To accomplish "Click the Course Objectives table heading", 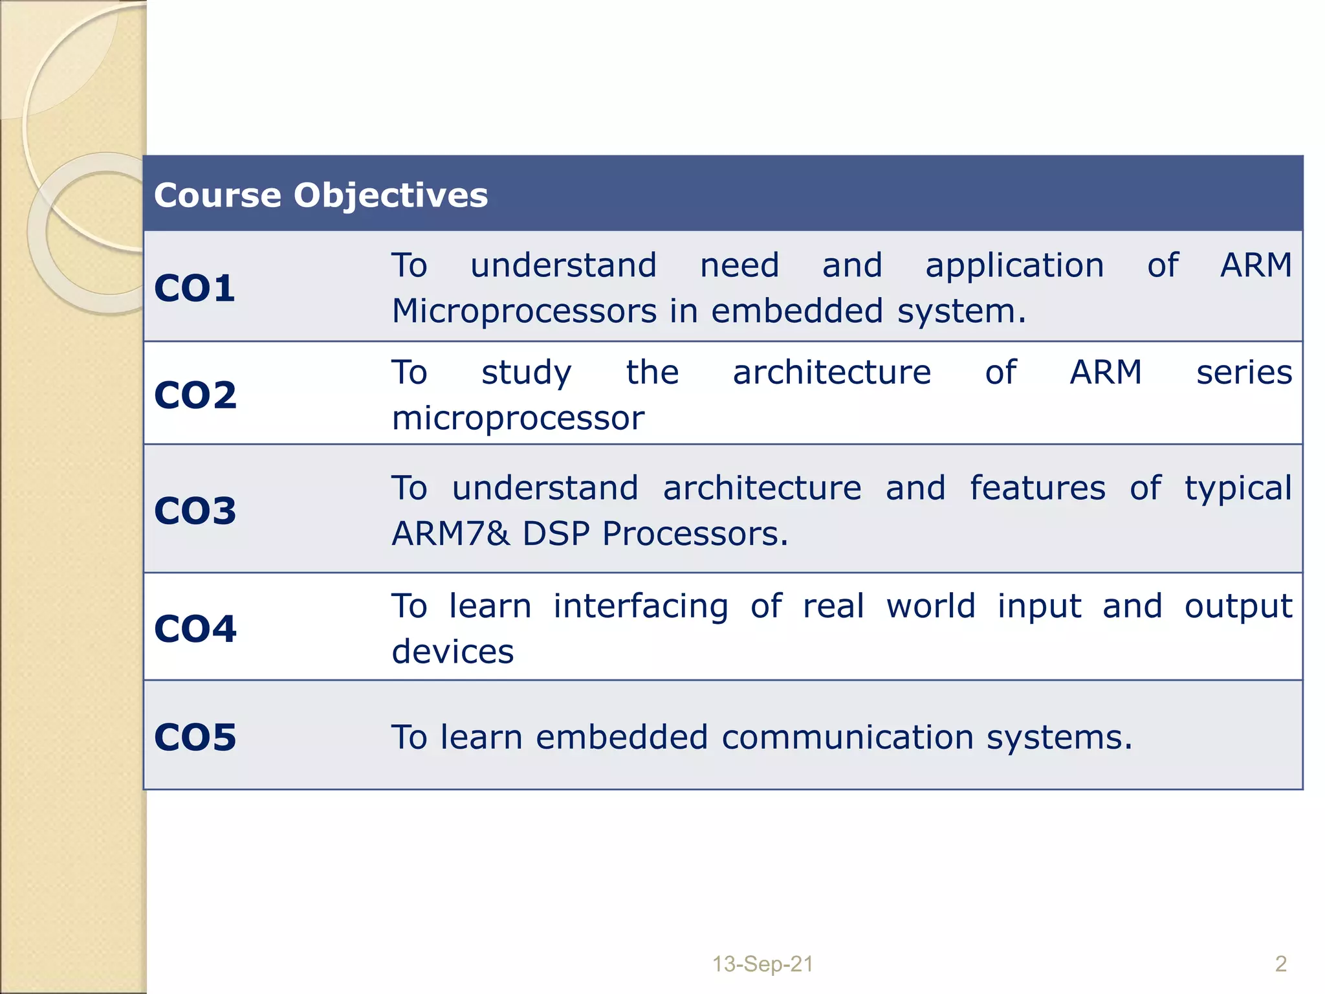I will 321,195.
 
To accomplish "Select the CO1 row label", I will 194,289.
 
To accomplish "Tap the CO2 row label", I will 195,395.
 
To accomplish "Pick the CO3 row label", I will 195,511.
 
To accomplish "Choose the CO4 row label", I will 195,629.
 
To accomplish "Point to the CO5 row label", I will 195,738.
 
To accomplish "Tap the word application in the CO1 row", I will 1014,266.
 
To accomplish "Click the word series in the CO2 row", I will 1243,373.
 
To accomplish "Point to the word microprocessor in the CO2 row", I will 518,419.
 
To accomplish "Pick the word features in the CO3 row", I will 1037,488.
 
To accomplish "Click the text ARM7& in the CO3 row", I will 450,534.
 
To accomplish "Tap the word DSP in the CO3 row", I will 556,534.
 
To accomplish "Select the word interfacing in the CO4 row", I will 641,607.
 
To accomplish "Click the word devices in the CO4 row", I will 452,652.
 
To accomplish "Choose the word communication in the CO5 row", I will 847,738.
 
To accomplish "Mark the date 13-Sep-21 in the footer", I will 762,964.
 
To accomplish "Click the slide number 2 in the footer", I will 1280,964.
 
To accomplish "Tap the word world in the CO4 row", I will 930,607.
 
